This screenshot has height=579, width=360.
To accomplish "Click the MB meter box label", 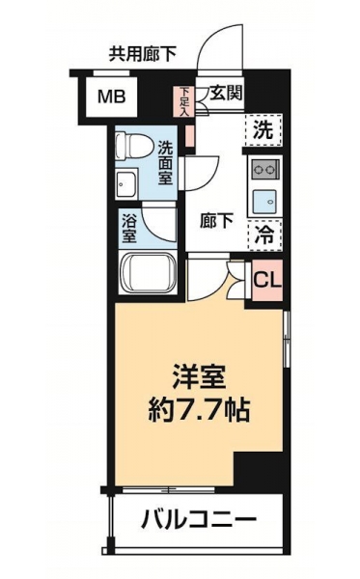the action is tap(112, 96).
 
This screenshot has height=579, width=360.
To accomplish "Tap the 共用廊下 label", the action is tap(142, 54).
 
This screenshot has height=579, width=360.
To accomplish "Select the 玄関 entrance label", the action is tap(227, 93).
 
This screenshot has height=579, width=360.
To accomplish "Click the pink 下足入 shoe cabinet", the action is tap(184, 101).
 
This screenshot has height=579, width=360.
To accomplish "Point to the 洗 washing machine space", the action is tap(263, 130).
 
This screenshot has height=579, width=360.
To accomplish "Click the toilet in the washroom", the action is tap(133, 146).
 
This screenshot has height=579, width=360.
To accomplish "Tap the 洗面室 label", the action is tap(165, 163).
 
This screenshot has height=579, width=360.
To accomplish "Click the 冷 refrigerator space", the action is tap(264, 235).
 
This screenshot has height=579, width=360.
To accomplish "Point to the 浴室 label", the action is tap(129, 229).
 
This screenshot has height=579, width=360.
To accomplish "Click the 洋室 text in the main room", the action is tap(199, 377).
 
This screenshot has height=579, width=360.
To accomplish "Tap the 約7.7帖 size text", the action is tap(199, 410).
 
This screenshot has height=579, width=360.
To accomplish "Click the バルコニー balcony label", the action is tap(199, 520).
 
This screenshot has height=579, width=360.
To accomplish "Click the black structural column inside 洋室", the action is tap(259, 469).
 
